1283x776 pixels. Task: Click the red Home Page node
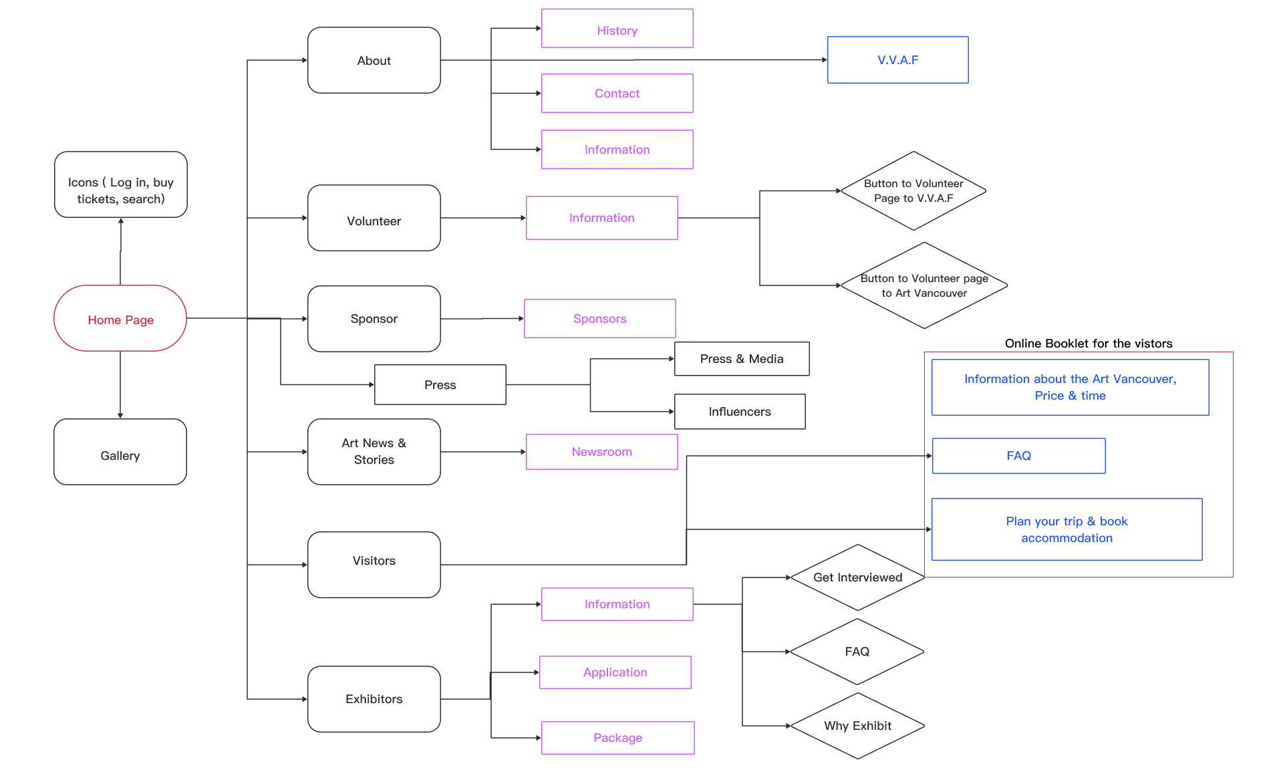pos(120,318)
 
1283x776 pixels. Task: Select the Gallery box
pos(120,452)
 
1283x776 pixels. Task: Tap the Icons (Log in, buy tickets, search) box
pos(121,184)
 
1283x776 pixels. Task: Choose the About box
pos(374,60)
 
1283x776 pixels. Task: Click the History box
pos(617,28)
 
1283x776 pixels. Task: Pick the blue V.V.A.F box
pos(898,59)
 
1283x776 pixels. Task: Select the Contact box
pos(617,93)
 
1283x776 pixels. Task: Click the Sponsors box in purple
pos(600,318)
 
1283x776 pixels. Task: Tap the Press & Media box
pos(742,359)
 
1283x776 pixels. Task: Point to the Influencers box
pos(740,412)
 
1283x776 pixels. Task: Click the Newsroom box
pos(602,452)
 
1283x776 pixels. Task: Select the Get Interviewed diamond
pos(858,577)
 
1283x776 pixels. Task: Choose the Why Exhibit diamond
pos(858,726)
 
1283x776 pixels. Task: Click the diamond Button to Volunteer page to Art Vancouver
pos(924,285)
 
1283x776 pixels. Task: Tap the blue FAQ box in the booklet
pos(1019,456)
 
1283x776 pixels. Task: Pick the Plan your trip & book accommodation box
pos(1067,529)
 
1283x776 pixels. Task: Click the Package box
pos(618,738)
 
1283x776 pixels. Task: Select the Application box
pos(615,672)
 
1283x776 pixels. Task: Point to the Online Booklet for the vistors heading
pos(1089,344)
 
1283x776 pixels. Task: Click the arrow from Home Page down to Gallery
pos(120,385)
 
